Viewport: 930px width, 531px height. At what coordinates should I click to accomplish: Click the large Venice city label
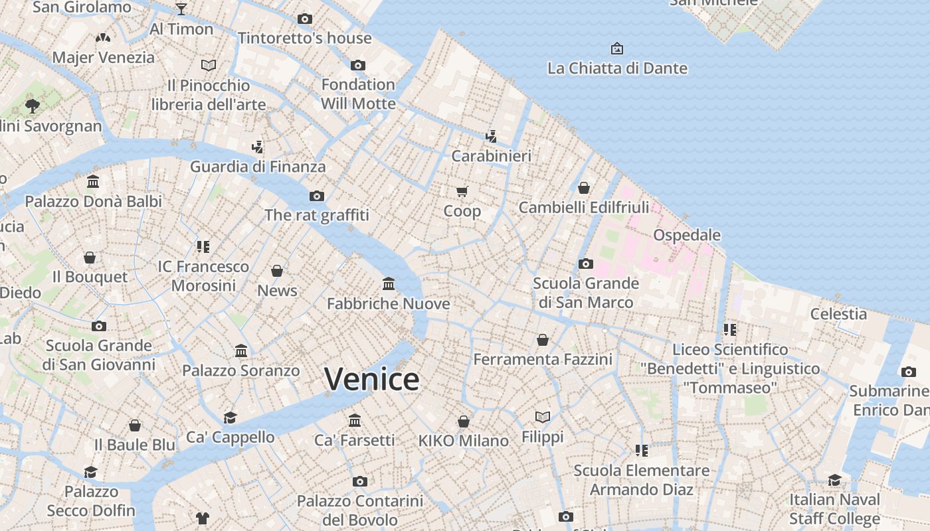(371, 379)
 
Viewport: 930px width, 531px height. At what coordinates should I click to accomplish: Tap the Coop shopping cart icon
(462, 192)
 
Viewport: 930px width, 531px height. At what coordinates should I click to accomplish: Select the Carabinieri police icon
(492, 137)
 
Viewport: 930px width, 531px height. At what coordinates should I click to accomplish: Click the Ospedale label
(687, 235)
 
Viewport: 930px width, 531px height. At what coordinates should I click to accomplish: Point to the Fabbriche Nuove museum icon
(389, 284)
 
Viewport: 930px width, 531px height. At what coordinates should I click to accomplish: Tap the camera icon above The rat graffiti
(317, 196)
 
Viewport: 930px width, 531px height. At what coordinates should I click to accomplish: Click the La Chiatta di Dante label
(617, 68)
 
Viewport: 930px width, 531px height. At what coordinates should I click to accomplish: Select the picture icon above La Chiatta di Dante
(617, 48)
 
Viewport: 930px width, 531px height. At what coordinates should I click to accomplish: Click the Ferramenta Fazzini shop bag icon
(543, 340)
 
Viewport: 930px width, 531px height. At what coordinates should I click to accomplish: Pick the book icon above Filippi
(543, 417)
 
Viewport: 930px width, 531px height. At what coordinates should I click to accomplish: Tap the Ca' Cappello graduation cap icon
(231, 417)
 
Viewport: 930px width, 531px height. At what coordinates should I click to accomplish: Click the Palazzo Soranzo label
(241, 370)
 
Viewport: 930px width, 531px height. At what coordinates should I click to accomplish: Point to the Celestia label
(838, 313)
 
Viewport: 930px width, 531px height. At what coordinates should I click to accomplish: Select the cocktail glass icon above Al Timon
(181, 9)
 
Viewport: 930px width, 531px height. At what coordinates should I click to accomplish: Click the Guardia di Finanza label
(258, 166)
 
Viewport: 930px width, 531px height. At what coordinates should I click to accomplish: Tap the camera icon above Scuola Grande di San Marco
(585, 264)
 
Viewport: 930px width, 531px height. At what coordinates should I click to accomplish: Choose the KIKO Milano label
(463, 440)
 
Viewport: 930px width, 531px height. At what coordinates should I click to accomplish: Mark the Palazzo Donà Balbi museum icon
(93, 182)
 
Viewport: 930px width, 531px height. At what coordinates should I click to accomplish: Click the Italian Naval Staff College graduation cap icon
(834, 480)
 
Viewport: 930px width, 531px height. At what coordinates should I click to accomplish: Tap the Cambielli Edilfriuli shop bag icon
(583, 188)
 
